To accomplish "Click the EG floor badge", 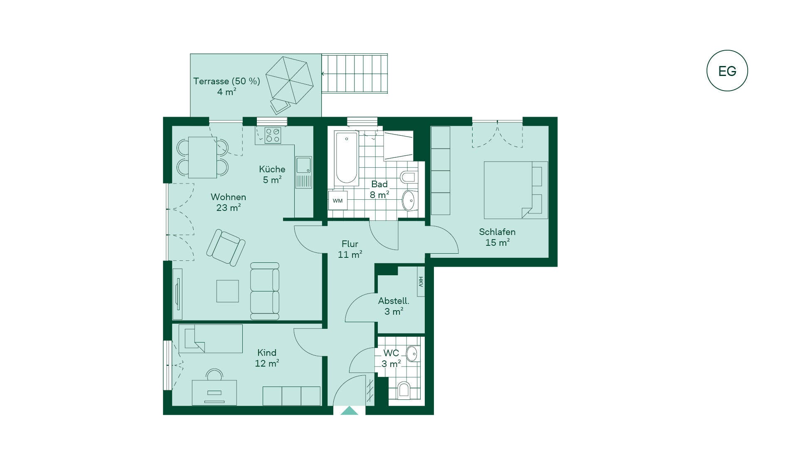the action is click(x=727, y=71).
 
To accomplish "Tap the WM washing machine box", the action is click(x=337, y=201).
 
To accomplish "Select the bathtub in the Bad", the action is click(x=346, y=158).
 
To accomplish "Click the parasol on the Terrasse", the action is click(x=289, y=80).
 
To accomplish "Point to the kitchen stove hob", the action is click(x=273, y=135).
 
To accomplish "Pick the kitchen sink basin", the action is click(x=303, y=165).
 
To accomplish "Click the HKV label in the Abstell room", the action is click(x=421, y=282).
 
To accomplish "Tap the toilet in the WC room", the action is click(x=404, y=390).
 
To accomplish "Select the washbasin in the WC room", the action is click(x=412, y=354).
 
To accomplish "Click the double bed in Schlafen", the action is click(x=516, y=190).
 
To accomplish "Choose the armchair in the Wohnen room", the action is click(x=226, y=247).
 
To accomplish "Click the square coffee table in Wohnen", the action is click(x=227, y=291).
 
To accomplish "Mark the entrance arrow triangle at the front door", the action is click(x=349, y=411).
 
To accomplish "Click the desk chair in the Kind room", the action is click(x=214, y=374).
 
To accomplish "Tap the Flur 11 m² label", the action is click(x=350, y=249).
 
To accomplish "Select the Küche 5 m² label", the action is click(x=272, y=174).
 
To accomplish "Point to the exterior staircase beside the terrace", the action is click(x=355, y=73).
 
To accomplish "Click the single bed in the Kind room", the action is click(x=210, y=339).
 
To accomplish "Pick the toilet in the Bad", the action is click(x=408, y=177).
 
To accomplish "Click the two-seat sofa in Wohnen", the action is click(x=265, y=291).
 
